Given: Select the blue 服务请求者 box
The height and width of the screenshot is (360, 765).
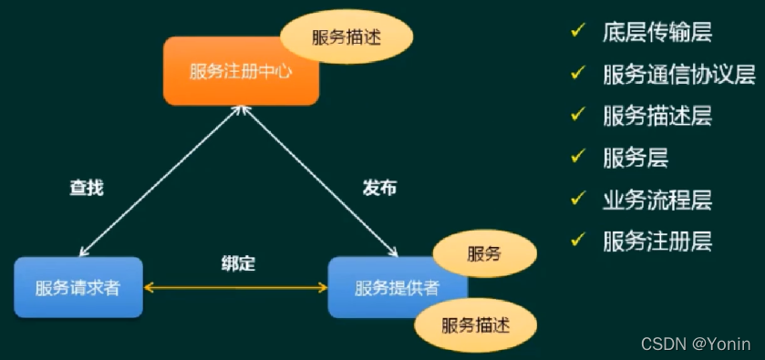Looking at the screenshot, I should [78, 288].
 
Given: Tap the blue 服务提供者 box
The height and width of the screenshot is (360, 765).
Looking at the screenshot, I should [383, 288].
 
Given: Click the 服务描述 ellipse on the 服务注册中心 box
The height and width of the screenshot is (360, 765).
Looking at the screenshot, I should [346, 37].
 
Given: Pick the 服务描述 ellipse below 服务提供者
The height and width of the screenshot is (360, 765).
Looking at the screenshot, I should [475, 324].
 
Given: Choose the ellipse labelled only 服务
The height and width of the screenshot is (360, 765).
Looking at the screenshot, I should [483, 253].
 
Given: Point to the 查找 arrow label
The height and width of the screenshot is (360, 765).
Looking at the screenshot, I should [87, 188].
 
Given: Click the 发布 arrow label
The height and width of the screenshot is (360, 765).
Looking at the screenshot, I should [379, 188].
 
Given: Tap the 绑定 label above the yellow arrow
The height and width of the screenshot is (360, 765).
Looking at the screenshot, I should [238, 264].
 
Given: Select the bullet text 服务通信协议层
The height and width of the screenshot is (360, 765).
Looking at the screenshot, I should [678, 75].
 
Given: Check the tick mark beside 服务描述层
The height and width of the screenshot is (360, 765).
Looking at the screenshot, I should [577, 115].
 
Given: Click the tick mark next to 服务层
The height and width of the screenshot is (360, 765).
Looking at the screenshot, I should [577, 156].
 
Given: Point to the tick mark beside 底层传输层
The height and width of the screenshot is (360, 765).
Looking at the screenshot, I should [577, 32].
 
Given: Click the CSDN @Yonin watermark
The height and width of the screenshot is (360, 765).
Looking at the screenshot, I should [696, 344].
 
